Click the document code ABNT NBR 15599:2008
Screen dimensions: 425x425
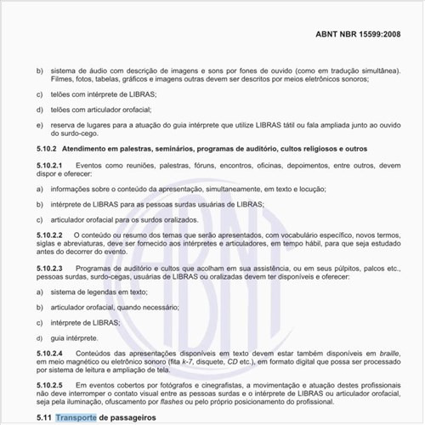tap(368, 37)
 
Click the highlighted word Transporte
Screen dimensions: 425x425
tap(76, 417)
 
